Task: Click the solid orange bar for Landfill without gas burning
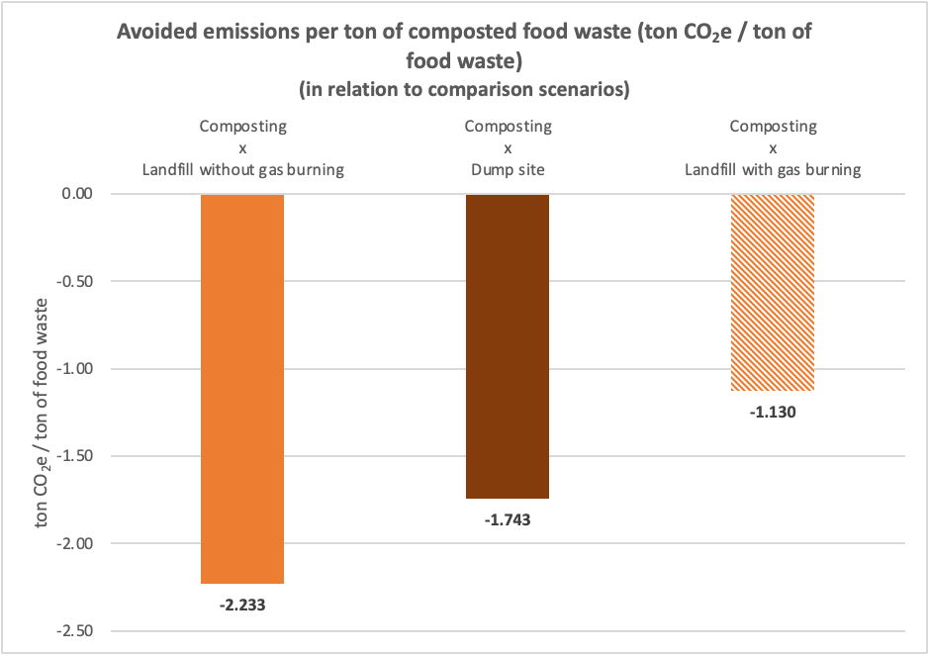(242, 388)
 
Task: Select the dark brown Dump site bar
(508, 345)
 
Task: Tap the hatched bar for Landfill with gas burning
(773, 292)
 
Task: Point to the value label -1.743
(508, 520)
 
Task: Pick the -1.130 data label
(773, 413)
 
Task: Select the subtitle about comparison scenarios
(464, 89)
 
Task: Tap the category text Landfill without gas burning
(242, 169)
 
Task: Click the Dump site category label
(508, 169)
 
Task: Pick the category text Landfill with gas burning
(773, 169)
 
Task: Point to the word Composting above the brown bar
(508, 127)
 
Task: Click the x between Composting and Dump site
(508, 147)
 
